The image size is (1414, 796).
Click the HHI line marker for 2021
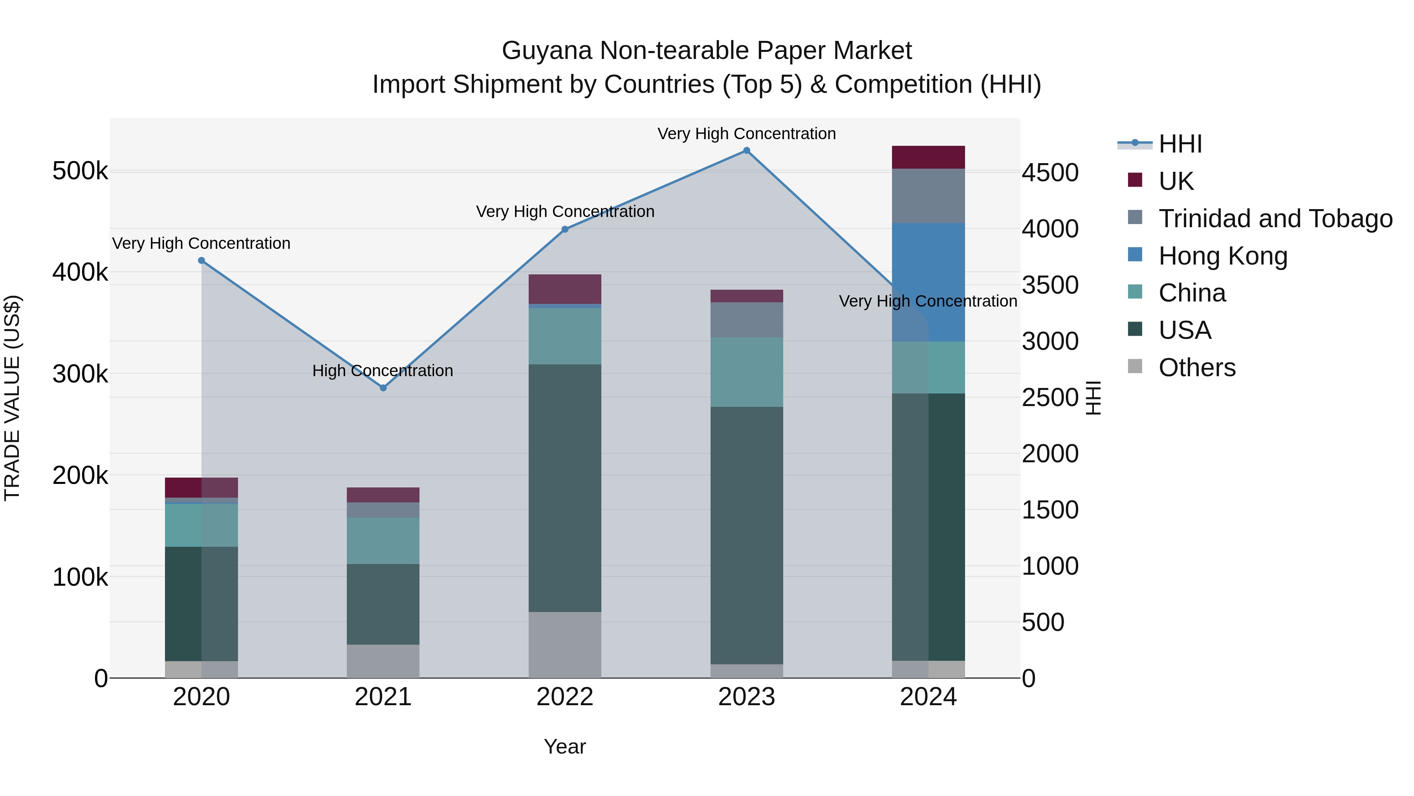pos(383,388)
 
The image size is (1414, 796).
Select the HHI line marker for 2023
pos(747,151)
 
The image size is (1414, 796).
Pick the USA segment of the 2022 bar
pos(565,488)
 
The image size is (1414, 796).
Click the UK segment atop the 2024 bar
pos(928,158)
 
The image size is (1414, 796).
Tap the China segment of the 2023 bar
pos(747,372)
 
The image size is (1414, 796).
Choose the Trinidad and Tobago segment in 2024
pos(928,196)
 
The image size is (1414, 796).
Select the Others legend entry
pos(1197,368)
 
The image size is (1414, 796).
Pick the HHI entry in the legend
pos(1180,144)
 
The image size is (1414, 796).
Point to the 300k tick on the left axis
pos(80,374)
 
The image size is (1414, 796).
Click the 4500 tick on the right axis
pos(1050,173)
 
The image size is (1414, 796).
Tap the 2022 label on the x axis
pos(565,697)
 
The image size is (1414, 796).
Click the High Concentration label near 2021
pos(383,371)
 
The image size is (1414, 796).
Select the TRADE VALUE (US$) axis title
pos(12,398)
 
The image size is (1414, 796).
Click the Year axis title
pos(565,746)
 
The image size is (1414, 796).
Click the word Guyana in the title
pos(547,51)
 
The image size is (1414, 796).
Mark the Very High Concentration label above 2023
pos(747,134)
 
